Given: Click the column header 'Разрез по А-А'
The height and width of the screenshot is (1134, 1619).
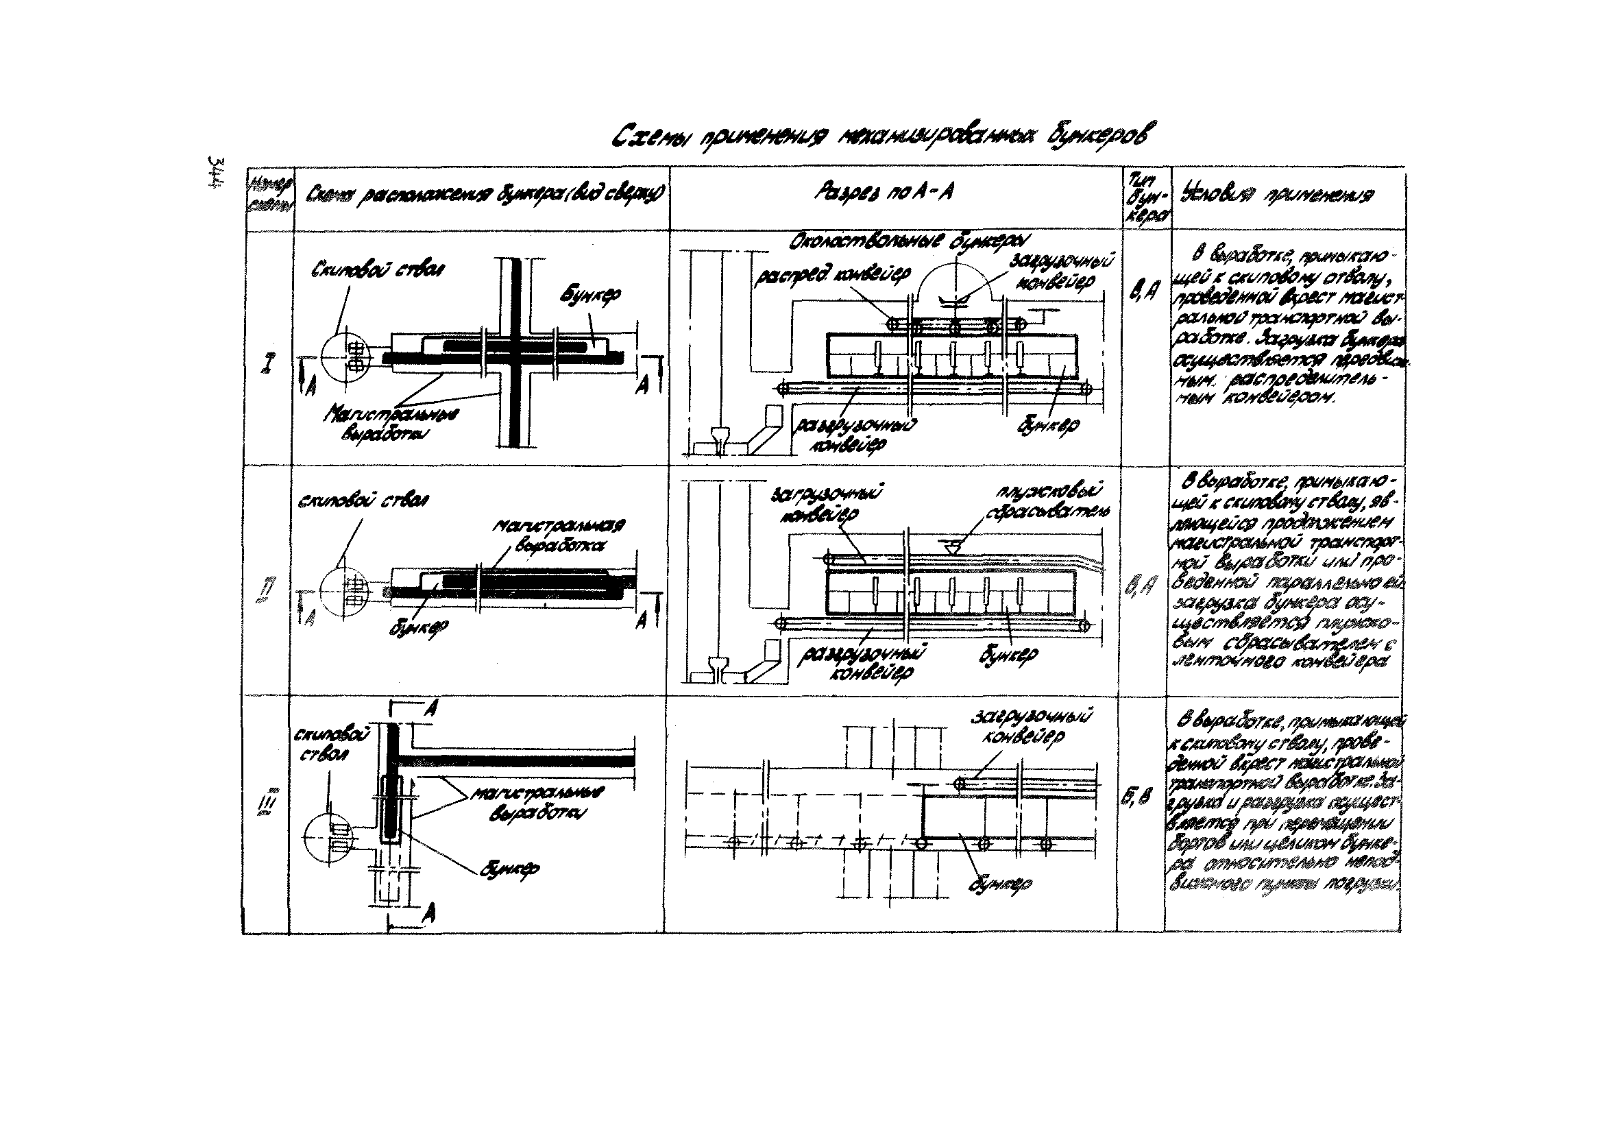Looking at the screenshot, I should (x=884, y=192).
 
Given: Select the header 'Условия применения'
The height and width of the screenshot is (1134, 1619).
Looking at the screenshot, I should (x=1280, y=195).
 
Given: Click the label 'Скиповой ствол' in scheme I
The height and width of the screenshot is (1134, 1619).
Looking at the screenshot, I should (x=378, y=269).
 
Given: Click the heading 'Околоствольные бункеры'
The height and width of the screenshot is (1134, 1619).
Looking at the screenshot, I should (x=910, y=243).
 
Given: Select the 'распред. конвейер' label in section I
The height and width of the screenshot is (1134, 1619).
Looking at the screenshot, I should (x=832, y=275).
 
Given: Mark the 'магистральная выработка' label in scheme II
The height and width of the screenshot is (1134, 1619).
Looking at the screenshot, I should (x=558, y=535).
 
